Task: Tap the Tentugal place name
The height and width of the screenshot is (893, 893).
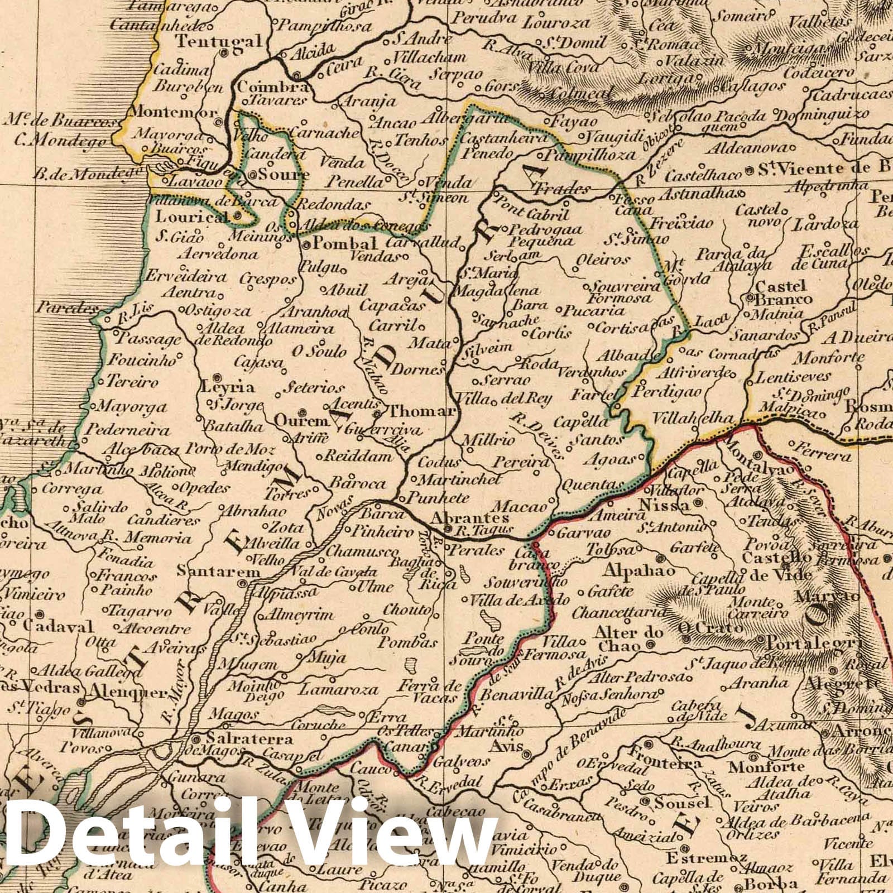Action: click(x=219, y=41)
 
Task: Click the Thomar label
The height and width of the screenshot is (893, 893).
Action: click(x=421, y=411)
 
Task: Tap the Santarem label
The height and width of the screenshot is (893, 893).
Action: click(x=219, y=572)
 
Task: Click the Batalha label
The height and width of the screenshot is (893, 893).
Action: click(x=234, y=426)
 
